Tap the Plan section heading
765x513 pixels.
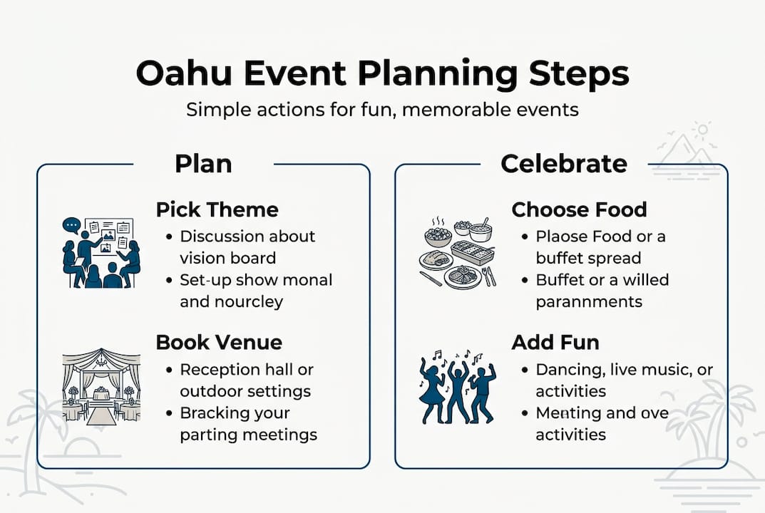[x=203, y=164]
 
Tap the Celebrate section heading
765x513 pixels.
[x=563, y=164]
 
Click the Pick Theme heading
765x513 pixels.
[x=217, y=209]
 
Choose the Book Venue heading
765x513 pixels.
[x=219, y=342]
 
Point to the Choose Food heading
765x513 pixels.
[x=579, y=209]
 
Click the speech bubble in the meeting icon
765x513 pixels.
[x=71, y=226]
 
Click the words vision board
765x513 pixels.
[x=227, y=257]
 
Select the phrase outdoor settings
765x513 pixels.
[x=245, y=391]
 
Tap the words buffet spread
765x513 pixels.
[x=588, y=257]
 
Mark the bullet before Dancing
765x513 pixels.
[x=524, y=370]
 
